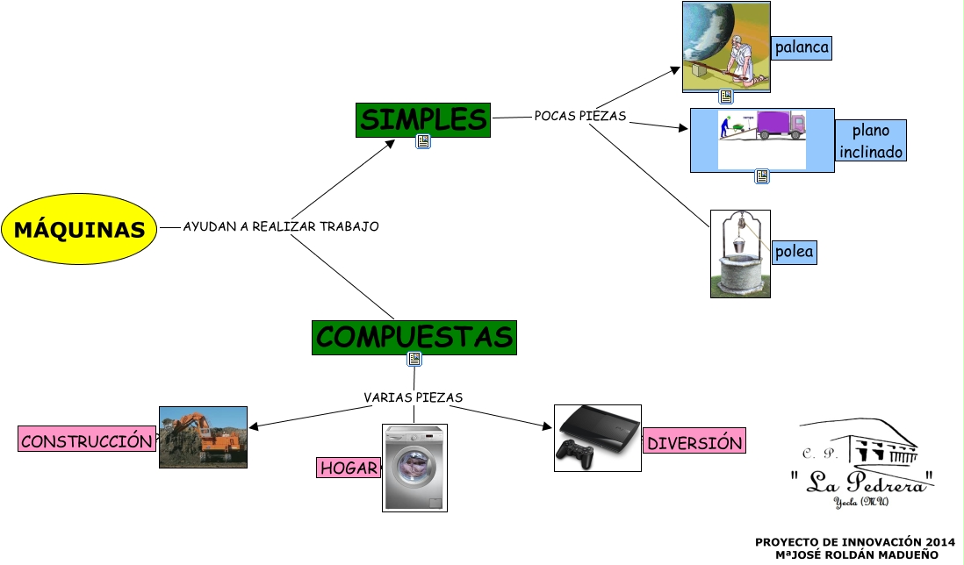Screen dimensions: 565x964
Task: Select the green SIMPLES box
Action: pyautogui.click(x=423, y=120)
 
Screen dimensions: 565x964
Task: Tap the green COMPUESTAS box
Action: pyautogui.click(x=414, y=337)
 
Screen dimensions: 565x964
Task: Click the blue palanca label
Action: pyautogui.click(x=802, y=47)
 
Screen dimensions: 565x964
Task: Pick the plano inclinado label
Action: pyautogui.click(x=870, y=141)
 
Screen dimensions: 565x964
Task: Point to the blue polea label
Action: pyautogui.click(x=794, y=253)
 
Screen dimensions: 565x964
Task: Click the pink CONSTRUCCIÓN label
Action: pyautogui.click(x=86, y=441)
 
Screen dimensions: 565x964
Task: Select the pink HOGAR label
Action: pyautogui.click(x=349, y=468)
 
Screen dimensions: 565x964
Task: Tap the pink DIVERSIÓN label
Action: pyautogui.click(x=694, y=443)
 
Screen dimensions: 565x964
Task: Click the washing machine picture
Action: pyautogui.click(x=415, y=468)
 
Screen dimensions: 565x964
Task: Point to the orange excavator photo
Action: pyautogui.click(x=203, y=437)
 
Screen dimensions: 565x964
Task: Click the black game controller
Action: pyautogui.click(x=576, y=454)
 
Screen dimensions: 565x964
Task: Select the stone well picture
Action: pyautogui.click(x=740, y=254)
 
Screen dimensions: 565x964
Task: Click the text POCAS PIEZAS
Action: pyautogui.click(x=580, y=116)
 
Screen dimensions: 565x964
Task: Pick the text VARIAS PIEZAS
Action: pyautogui.click(x=413, y=397)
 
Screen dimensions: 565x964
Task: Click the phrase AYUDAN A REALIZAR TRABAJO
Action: pyautogui.click(x=281, y=226)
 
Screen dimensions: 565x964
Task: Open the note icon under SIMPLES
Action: pyautogui.click(x=423, y=142)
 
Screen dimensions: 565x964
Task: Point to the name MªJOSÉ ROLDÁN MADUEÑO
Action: pyautogui.click(x=856, y=554)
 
